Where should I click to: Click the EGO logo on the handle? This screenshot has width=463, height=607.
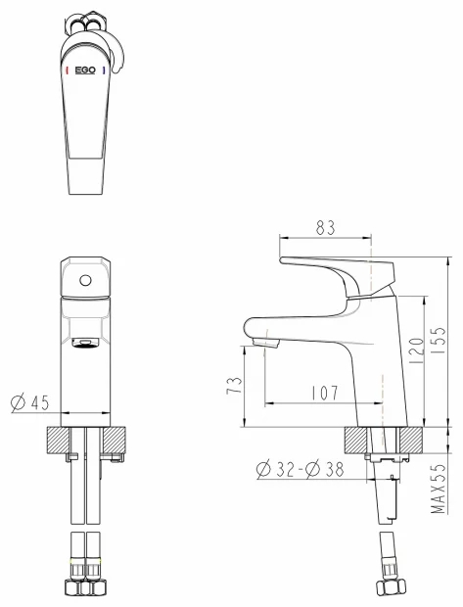coord(85,70)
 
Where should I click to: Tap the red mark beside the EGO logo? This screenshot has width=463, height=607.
coord(68,70)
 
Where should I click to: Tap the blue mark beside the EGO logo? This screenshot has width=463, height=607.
coord(104,70)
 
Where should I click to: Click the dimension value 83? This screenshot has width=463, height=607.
coord(325,227)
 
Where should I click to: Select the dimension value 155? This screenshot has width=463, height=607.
coord(439,341)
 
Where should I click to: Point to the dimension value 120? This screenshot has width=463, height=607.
coord(416,350)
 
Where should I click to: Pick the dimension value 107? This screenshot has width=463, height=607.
coord(325,393)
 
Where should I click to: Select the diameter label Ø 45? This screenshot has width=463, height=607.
coord(30,402)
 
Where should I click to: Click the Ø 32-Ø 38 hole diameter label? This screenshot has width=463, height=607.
coord(301,469)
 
